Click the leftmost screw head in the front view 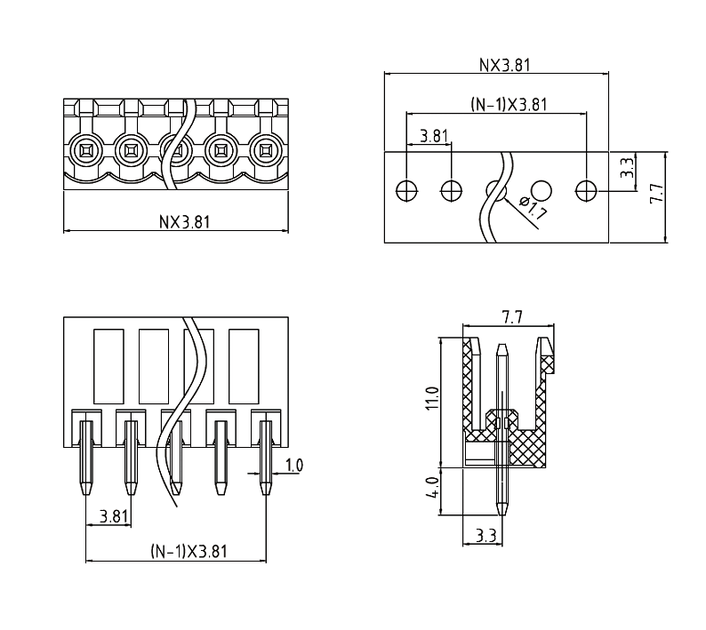(x=87, y=149)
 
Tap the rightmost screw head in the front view (x=265, y=149)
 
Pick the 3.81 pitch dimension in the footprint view (x=434, y=136)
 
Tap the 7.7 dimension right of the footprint (x=655, y=194)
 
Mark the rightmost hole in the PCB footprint (x=585, y=189)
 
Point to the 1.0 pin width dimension (x=294, y=465)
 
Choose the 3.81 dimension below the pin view (x=113, y=515)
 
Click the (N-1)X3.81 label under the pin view (x=189, y=551)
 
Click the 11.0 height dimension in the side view (x=433, y=398)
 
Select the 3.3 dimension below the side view (x=485, y=536)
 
